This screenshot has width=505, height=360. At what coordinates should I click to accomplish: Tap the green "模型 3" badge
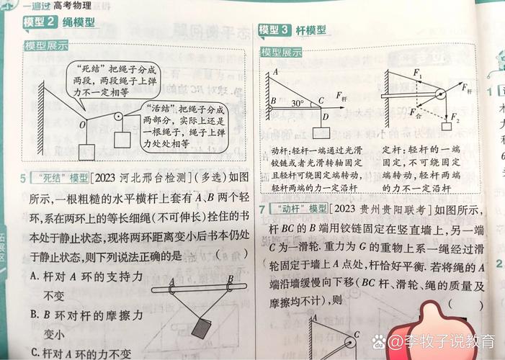pos(274,30)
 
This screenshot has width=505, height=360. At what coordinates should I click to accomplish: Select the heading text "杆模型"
pos(311,30)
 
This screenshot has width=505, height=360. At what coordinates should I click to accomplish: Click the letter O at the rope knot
pos(83,124)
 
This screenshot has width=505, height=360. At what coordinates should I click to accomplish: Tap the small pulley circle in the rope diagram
pos(117,117)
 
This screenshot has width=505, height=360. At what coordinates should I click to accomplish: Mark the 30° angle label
pos(297,103)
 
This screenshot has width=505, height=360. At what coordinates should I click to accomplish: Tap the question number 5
pos(23,178)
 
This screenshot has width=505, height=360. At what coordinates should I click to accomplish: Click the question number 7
pos(264,209)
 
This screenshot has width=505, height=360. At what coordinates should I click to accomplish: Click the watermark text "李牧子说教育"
pos(450,340)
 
